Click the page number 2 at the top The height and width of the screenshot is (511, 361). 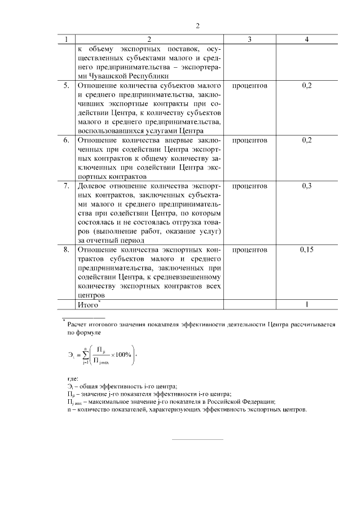(x=197, y=25)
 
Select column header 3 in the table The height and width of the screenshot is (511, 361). (x=249, y=39)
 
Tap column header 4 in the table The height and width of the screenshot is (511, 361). (x=307, y=39)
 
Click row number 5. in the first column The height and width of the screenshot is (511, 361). (x=66, y=86)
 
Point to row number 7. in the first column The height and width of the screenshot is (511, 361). (x=66, y=186)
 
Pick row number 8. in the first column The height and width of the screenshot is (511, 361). (x=66, y=249)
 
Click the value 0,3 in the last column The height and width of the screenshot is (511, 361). (x=307, y=186)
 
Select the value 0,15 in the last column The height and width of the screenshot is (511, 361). (x=307, y=249)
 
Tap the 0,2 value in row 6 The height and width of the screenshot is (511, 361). (x=307, y=140)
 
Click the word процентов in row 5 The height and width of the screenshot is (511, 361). (x=249, y=86)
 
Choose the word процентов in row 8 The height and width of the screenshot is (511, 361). (x=249, y=249)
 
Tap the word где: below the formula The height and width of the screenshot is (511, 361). (x=72, y=377)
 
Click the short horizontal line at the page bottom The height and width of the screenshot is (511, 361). (x=197, y=439)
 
